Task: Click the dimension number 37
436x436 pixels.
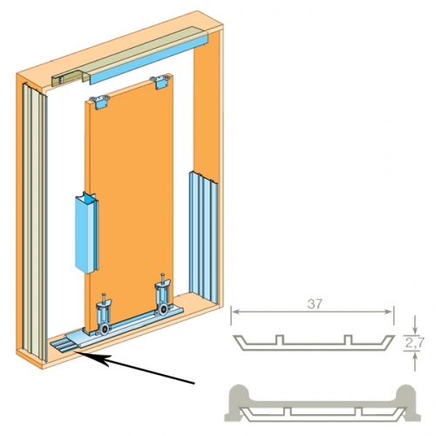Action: (315, 304)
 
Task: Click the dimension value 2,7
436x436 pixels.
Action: (415, 344)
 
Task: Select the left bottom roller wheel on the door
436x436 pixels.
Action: (103, 330)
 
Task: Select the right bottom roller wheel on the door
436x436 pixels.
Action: (162, 310)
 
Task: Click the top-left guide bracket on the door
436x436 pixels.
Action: (99, 103)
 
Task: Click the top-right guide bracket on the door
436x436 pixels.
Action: (160, 82)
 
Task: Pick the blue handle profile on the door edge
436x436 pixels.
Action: (86, 233)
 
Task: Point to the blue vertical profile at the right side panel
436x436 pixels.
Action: (203, 236)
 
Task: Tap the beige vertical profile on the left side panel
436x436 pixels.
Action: (34, 221)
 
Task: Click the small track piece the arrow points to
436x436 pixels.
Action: (62, 346)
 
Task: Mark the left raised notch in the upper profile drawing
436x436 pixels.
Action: (279, 339)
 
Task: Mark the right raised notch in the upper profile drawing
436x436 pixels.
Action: (348, 339)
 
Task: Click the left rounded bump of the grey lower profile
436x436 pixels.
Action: (239, 394)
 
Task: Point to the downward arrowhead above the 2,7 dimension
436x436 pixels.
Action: (415, 330)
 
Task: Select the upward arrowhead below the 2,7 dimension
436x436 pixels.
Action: (415, 356)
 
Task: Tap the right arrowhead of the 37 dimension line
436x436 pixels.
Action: (389, 312)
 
